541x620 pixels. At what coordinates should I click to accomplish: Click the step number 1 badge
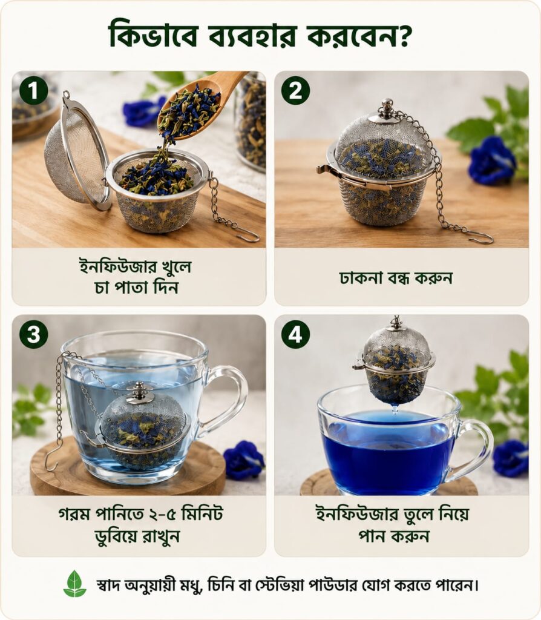pyautogui.click(x=34, y=91)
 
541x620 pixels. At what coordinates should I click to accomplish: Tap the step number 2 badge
pyautogui.click(x=295, y=91)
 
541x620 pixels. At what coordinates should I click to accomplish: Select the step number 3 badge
pyautogui.click(x=34, y=334)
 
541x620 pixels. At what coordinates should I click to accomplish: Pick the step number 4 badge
pyautogui.click(x=295, y=334)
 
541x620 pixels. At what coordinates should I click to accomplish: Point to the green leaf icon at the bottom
pyautogui.click(x=74, y=584)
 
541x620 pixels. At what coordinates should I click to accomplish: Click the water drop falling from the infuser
pyautogui.click(x=395, y=409)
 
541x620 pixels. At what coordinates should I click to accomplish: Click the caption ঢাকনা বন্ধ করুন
pyautogui.click(x=396, y=277)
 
